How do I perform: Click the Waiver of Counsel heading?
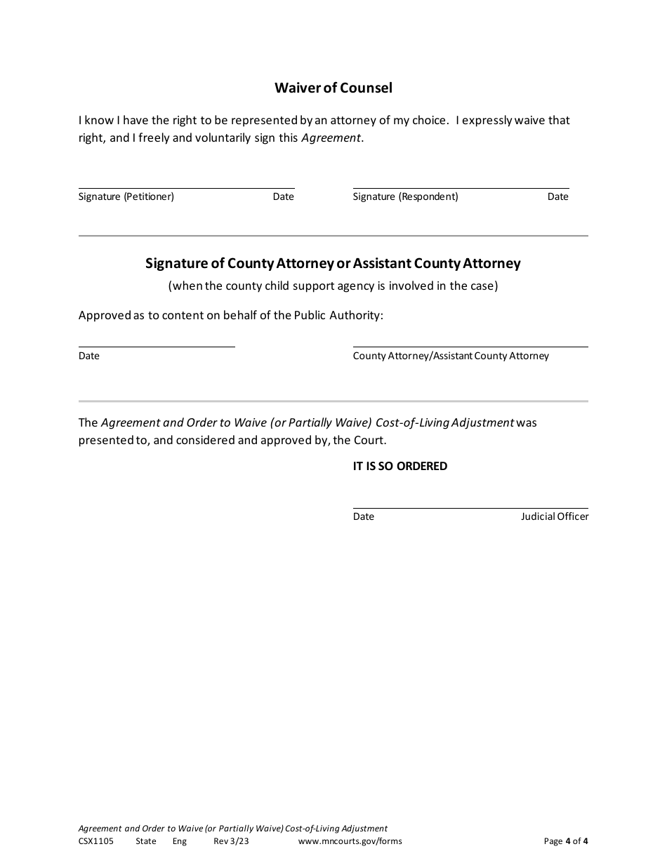tap(333, 88)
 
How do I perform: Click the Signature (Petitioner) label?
tap(126, 196)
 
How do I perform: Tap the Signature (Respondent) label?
tap(405, 196)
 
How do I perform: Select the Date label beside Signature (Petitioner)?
tap(283, 196)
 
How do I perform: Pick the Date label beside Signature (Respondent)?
tap(557, 196)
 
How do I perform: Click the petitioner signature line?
tap(186, 187)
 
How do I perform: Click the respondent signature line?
tap(460, 187)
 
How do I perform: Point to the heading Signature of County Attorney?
tap(333, 263)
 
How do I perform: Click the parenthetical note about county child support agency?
tap(333, 286)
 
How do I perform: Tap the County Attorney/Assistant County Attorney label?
tap(451, 356)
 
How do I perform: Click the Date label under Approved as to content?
tap(89, 356)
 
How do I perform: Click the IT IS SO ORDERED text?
tap(399, 466)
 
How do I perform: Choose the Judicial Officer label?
tap(554, 516)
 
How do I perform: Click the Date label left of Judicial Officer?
tap(364, 516)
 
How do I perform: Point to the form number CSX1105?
tap(96, 841)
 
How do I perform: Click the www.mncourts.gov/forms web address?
tap(350, 841)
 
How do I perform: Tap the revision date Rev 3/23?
tap(231, 841)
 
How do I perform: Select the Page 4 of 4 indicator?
tap(566, 841)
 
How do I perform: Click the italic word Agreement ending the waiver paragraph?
tap(331, 138)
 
